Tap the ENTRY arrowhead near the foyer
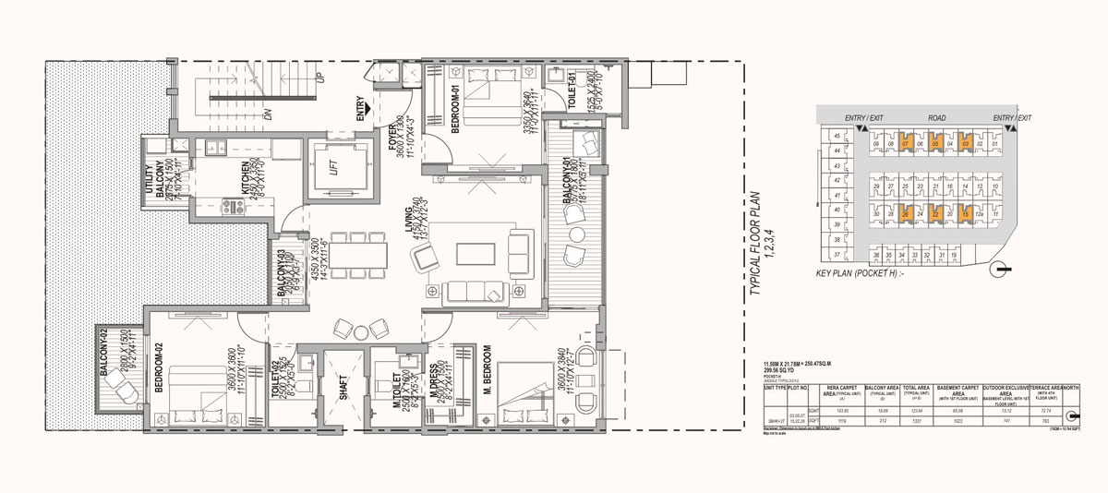click(368, 108)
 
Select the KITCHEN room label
click(247, 175)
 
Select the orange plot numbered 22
click(935, 214)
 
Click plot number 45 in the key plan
click(837, 137)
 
